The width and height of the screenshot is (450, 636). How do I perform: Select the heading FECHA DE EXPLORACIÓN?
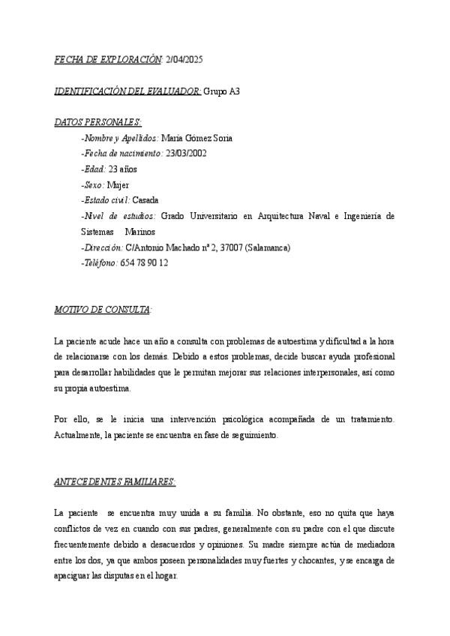[108, 58]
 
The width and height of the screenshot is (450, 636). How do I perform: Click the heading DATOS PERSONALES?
[97, 122]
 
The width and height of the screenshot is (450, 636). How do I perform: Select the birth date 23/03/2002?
[186, 154]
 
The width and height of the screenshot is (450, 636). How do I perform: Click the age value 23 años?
[123, 169]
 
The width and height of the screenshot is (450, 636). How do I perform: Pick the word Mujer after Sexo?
[118, 184]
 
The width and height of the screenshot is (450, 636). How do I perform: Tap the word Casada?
[145, 200]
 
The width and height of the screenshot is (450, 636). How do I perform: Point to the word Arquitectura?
[278, 216]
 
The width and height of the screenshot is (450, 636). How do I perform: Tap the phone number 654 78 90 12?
[144, 263]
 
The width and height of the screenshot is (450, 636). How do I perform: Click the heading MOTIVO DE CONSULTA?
[103, 309]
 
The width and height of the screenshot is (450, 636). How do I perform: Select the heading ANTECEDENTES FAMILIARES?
[115, 482]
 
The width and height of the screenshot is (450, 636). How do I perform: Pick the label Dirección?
[101, 247]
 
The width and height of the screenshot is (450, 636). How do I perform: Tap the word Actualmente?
[79, 435]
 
